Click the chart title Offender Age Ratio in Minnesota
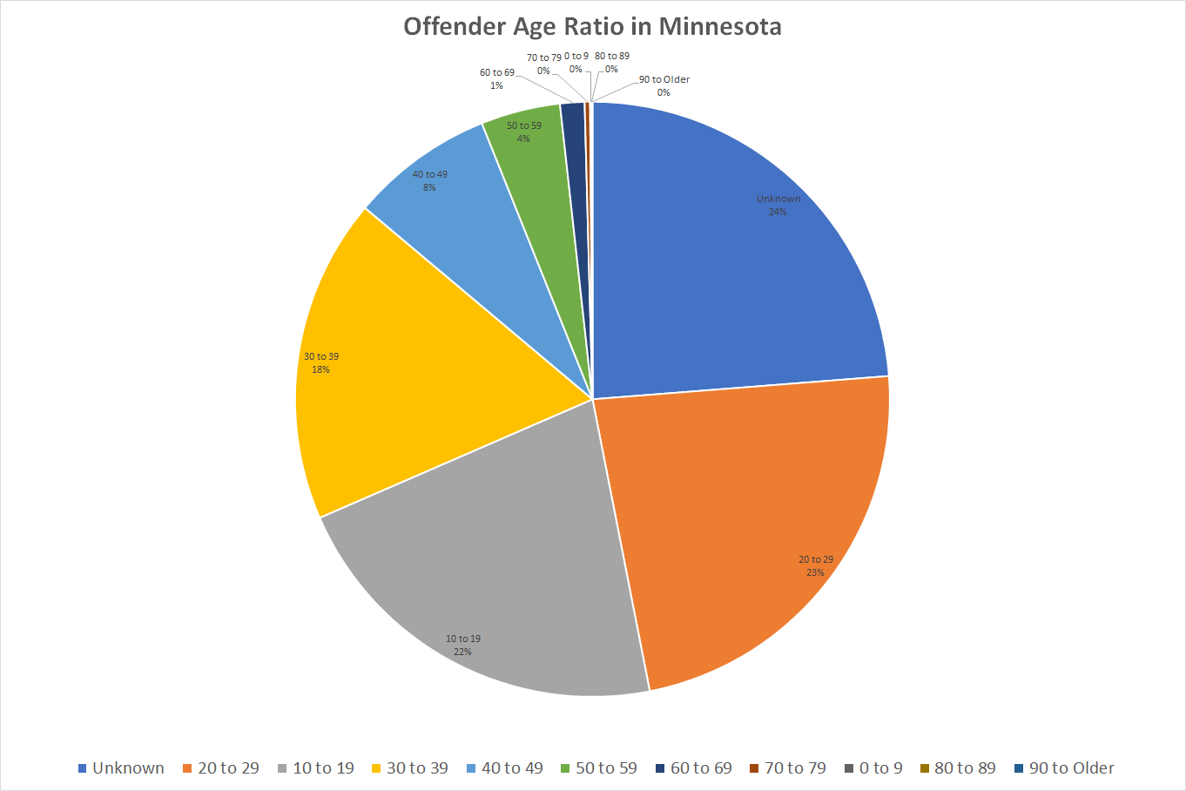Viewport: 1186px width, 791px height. coord(592,26)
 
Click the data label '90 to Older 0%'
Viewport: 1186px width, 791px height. coord(664,85)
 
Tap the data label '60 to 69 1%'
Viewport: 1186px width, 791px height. coord(496,78)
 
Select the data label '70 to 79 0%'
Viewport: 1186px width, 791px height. coord(543,64)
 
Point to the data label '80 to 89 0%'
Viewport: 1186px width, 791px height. coord(611,62)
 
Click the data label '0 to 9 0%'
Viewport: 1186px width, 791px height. coord(576,62)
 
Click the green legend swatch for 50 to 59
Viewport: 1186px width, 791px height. coord(565,768)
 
